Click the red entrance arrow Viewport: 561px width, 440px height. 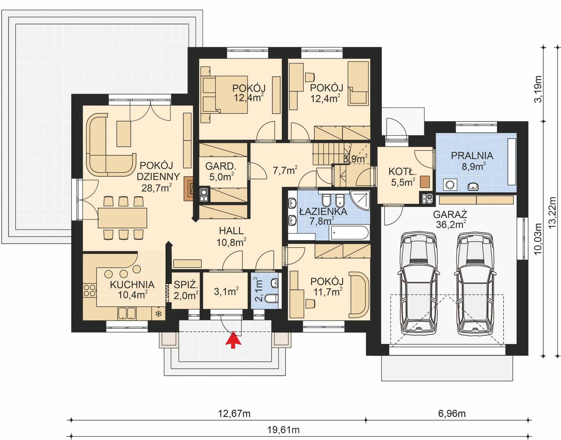coord(233,340)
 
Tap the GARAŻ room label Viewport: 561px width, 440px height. coord(450,214)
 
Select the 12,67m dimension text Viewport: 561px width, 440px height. coord(234,414)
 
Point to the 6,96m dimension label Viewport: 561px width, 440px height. coord(452,413)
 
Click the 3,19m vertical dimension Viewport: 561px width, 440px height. coord(538,89)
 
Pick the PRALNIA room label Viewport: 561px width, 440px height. coord(472,156)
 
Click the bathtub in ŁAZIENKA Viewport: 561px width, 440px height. coord(349,233)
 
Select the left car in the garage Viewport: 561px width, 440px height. coord(418,284)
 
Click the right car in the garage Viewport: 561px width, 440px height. coord(475,284)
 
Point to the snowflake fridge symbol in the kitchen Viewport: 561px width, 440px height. coord(158,314)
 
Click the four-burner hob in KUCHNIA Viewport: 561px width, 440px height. coord(89,290)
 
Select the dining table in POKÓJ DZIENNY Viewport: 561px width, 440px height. coord(122,218)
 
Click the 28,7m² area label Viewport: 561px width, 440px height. coord(156,188)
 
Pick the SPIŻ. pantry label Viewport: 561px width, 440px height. coord(186,284)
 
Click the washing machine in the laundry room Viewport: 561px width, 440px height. coord(450,185)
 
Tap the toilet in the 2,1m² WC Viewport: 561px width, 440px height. coord(271,298)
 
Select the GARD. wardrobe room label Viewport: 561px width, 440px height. coord(221,166)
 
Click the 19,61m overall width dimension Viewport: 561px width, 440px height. coord(283,430)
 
